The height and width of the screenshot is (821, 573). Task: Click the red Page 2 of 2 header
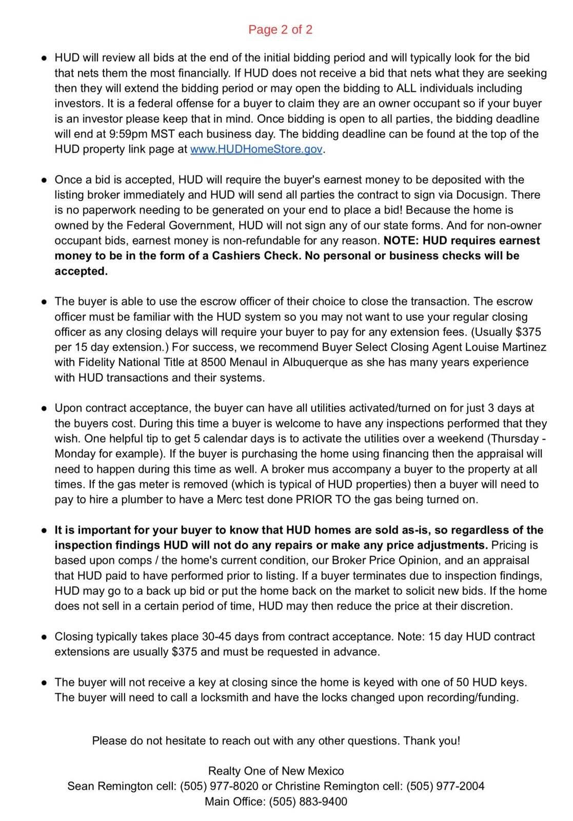(x=280, y=30)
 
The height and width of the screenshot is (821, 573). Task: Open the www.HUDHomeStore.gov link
(x=256, y=149)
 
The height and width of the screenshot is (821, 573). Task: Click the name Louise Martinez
(x=507, y=347)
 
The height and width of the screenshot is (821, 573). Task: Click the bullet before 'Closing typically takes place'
(x=44, y=637)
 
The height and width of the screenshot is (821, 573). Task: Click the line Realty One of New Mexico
(x=276, y=771)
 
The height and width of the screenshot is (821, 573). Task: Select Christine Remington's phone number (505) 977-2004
(x=445, y=787)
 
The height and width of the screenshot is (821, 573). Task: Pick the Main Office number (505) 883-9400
(x=308, y=802)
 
